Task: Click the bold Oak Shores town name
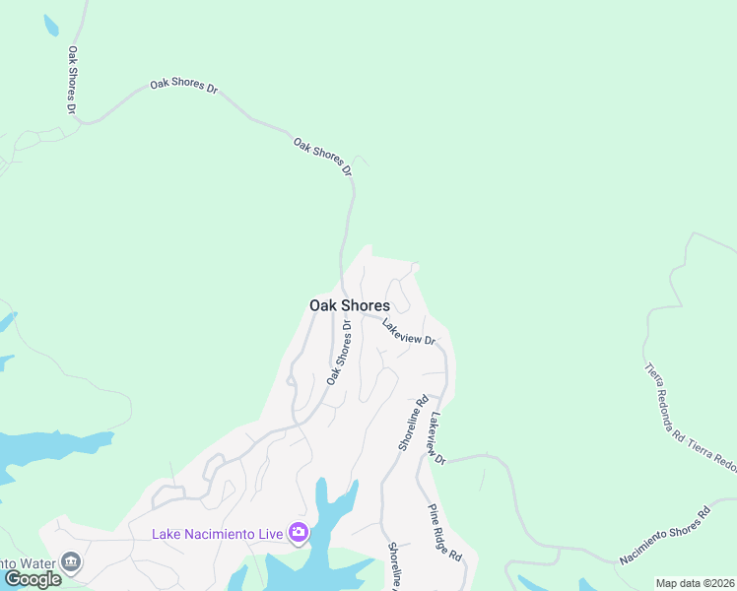[349, 305]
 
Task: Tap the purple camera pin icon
[299, 533]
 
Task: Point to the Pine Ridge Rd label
[445, 533]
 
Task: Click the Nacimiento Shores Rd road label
[665, 536]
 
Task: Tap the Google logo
[33, 579]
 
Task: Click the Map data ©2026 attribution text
[695, 583]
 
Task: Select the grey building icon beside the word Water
[70, 561]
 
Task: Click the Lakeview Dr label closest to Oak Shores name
[409, 332]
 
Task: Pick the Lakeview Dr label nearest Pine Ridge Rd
[437, 433]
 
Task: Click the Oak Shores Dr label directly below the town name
[339, 352]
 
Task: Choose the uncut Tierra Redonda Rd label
[664, 398]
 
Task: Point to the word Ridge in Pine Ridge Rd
[446, 534]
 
